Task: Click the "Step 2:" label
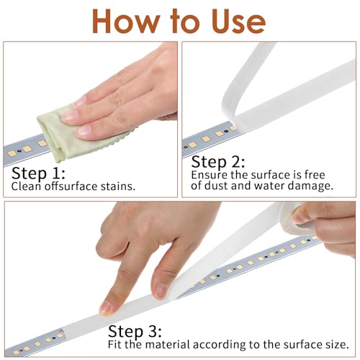click(x=218, y=161)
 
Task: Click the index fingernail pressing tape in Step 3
click(x=107, y=308)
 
